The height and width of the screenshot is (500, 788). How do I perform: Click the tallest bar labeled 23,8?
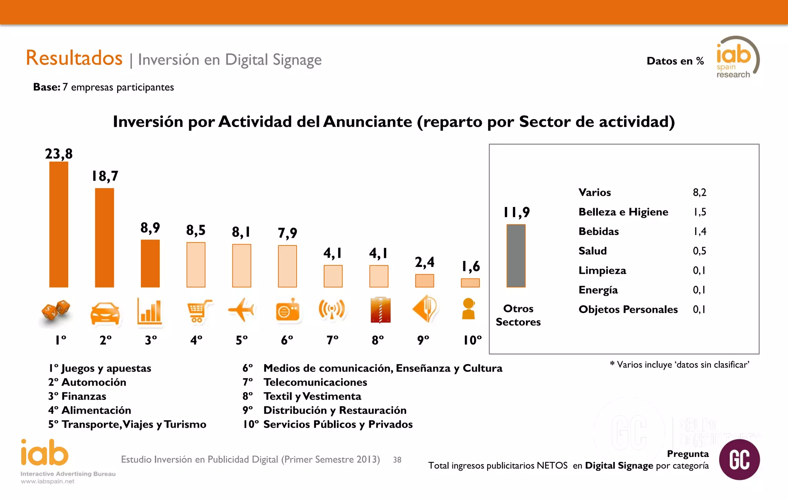click(58, 224)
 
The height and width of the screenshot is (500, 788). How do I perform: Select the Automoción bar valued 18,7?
click(104, 237)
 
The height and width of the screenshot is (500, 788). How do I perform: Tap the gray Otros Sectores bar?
click(516, 256)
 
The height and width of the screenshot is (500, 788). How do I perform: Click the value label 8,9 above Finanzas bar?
click(150, 228)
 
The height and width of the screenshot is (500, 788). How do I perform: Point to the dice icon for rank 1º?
click(56, 310)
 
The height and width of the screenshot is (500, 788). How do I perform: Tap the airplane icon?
click(241, 310)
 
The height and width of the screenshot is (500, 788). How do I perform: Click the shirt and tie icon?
click(380, 310)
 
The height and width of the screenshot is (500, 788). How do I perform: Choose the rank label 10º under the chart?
click(472, 340)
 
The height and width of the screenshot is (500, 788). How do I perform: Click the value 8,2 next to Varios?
click(699, 192)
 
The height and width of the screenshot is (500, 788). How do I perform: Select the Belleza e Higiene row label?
click(623, 212)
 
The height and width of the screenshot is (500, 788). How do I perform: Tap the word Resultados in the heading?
click(74, 58)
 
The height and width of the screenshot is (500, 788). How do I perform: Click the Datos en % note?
click(675, 61)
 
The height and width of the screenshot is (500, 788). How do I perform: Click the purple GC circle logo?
click(739, 459)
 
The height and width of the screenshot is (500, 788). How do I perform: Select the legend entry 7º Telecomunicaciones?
click(305, 382)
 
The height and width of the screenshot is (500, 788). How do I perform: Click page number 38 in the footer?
click(397, 460)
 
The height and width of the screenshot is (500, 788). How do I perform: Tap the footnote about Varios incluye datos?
click(679, 365)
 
